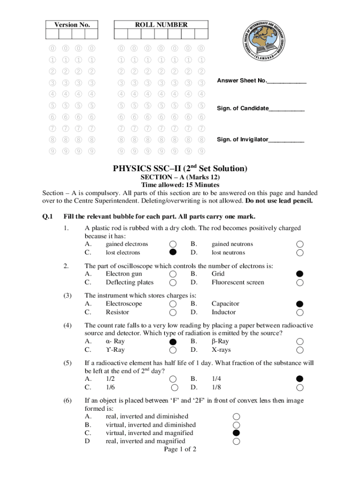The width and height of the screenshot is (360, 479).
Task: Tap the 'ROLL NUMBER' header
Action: (161, 25)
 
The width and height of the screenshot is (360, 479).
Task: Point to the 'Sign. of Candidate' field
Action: (260, 109)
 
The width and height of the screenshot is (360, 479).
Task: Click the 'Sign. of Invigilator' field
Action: (260, 139)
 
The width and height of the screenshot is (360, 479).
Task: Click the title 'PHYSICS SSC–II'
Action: (180, 168)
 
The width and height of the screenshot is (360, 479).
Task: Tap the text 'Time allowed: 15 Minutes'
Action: (180, 185)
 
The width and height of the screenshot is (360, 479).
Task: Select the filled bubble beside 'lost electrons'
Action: (173, 253)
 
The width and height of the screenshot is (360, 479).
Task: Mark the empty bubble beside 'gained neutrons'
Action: (300, 244)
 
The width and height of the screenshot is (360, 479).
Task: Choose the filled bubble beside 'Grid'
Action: (300, 274)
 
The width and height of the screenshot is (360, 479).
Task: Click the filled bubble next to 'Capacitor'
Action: (300, 304)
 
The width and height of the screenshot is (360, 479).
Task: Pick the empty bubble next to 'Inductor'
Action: (300, 312)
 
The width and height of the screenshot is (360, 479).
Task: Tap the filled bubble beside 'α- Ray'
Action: (173, 341)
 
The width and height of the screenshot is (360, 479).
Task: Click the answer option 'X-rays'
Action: (221, 350)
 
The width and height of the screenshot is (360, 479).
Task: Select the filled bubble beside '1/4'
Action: (300, 379)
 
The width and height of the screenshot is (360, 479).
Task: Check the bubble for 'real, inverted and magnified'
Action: (237, 441)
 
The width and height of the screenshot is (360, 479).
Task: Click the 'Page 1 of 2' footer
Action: (180, 450)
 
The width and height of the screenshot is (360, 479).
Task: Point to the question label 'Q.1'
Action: (48, 216)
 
